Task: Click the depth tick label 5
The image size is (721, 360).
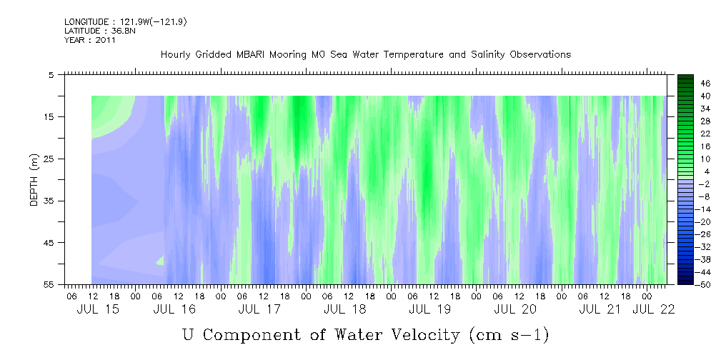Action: [51, 74]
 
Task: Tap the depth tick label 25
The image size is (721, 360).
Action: [49, 159]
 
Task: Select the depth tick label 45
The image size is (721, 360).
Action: [49, 243]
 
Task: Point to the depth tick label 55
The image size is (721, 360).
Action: [49, 285]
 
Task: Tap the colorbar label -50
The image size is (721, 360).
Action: [687, 285]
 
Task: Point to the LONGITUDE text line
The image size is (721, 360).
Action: [126, 22]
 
